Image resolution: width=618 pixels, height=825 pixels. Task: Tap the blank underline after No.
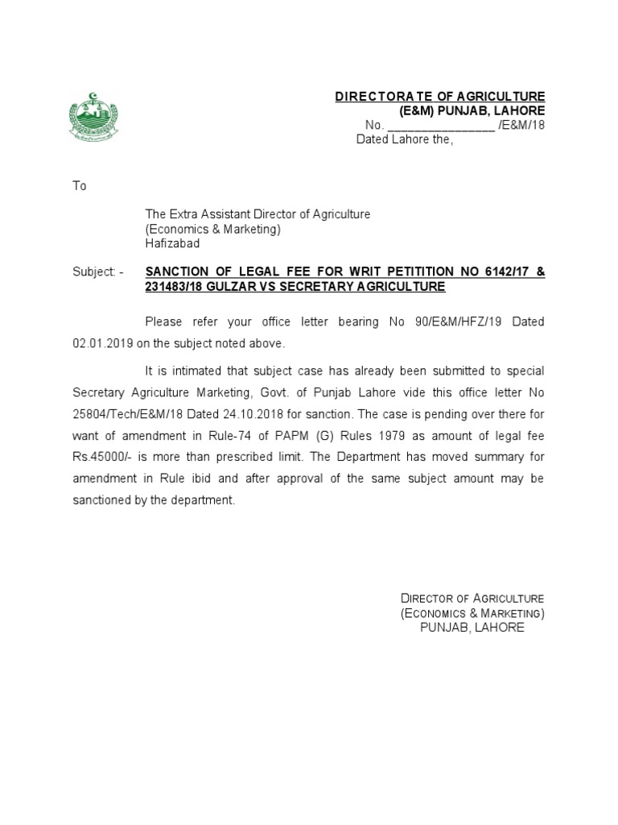tap(441, 126)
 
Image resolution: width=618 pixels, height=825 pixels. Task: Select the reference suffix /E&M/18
tap(522, 125)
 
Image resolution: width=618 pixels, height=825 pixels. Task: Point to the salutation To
tap(79, 186)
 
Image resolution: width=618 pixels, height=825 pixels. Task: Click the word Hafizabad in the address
tap(172, 243)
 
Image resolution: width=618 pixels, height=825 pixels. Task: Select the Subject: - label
tap(98, 272)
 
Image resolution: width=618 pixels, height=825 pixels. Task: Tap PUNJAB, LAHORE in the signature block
tap(472, 628)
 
